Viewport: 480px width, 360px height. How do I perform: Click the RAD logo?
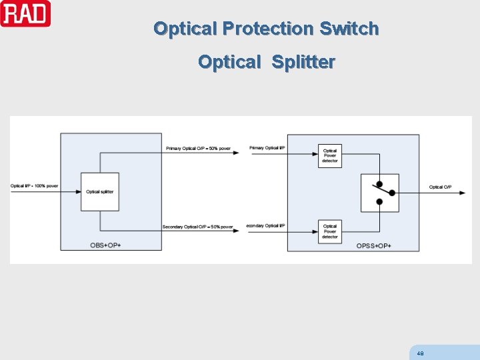coord(25,13)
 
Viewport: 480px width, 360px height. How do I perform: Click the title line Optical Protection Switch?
coord(266,29)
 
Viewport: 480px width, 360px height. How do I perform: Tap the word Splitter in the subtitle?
coord(303,62)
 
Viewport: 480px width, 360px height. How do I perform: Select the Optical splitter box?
coord(100,192)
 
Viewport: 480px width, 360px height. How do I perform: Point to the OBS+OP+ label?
coord(105,245)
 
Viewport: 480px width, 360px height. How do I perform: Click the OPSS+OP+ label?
coord(374,246)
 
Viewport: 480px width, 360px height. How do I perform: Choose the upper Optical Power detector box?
coord(330,155)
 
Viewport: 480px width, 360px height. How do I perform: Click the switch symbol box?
coord(380,193)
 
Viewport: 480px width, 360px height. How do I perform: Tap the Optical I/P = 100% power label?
coord(34,186)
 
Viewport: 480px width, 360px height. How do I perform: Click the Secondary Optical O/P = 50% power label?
coord(197,227)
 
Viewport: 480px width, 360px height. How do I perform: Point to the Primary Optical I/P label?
coord(267,147)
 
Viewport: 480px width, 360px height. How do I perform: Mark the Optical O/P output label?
coord(440,187)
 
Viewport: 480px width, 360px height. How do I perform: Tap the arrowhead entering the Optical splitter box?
coord(77,192)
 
